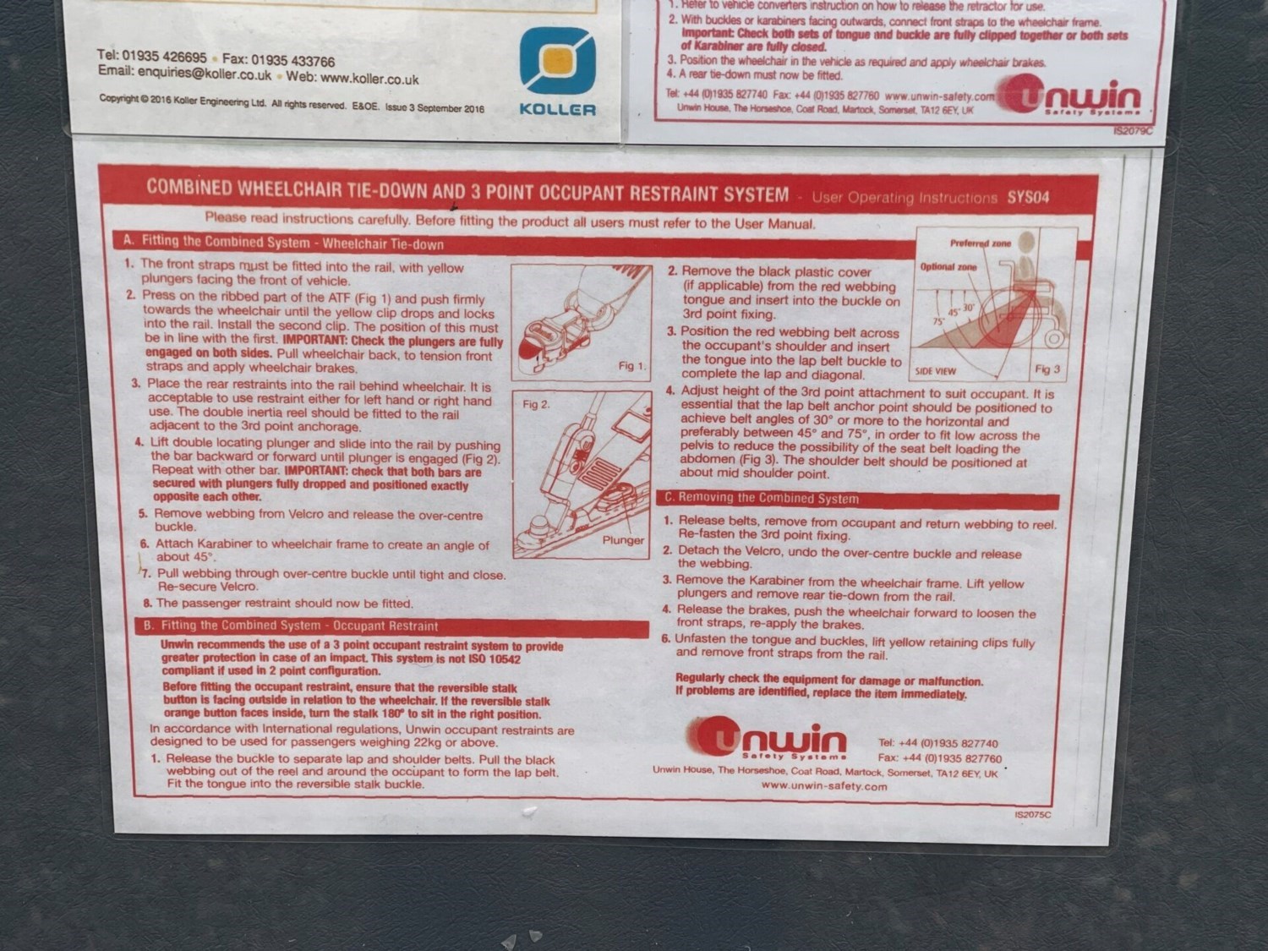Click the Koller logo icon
tap(557, 60)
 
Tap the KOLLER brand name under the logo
tap(557, 110)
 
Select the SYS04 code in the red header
tap(1028, 198)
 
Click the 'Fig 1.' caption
tap(632, 365)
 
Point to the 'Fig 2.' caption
tap(536, 404)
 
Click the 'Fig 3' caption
tap(1047, 369)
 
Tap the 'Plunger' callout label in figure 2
tap(623, 540)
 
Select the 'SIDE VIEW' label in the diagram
tap(935, 371)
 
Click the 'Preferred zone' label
tap(981, 243)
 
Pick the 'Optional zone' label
tap(948, 267)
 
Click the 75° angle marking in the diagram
tap(938, 320)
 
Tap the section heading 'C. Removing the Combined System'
tap(762, 498)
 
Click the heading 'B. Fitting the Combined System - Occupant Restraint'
tap(291, 626)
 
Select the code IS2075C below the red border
tap(1033, 815)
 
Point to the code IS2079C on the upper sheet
tap(1133, 131)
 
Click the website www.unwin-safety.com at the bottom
tap(823, 786)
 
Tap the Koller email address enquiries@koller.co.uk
tap(205, 74)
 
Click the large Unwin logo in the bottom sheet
tap(768, 738)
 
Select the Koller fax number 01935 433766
tap(292, 61)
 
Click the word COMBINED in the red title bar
tap(189, 187)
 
